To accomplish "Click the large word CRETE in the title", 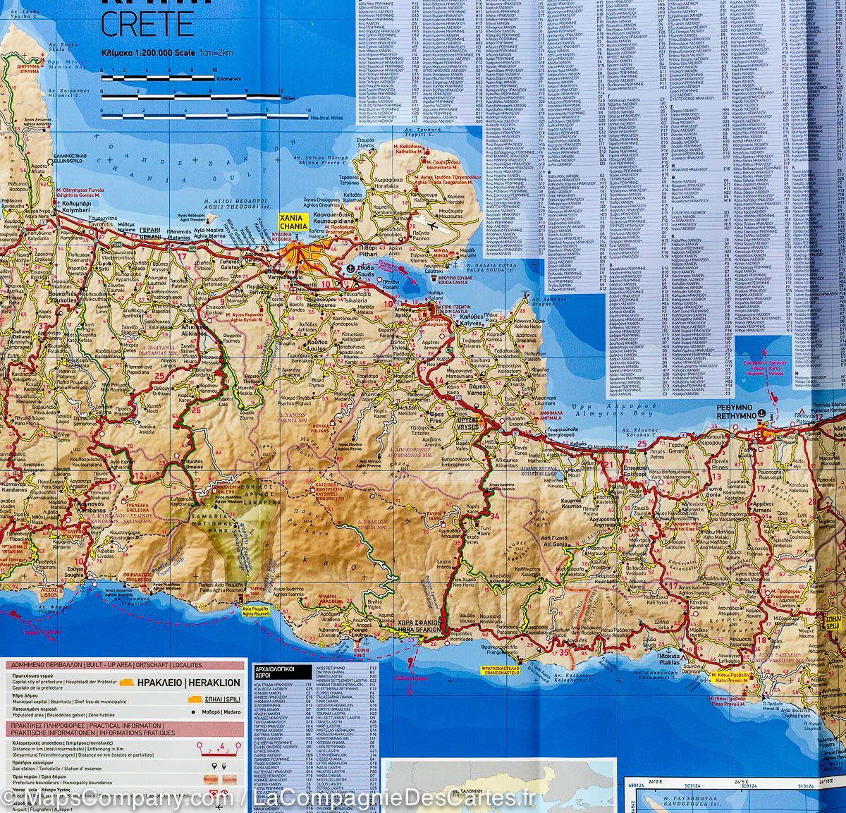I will [147, 23].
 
